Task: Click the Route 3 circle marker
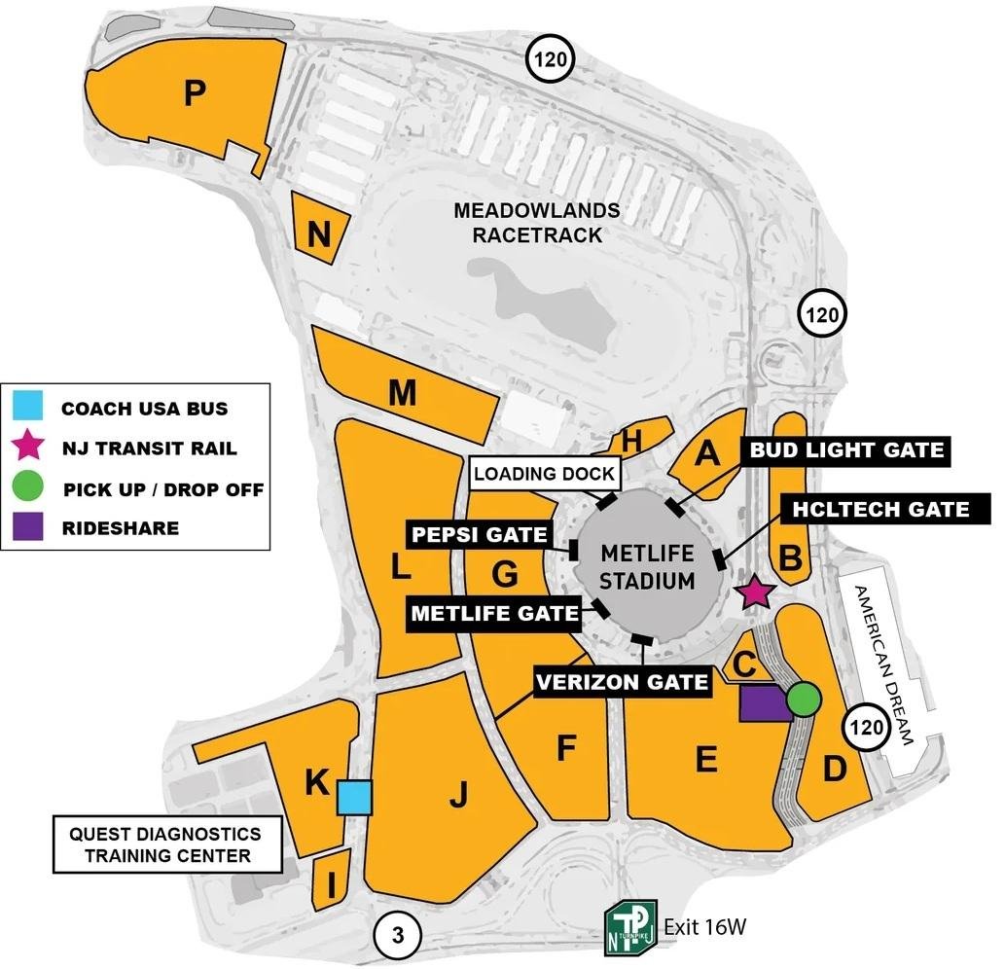397,936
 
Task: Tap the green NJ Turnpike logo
629,928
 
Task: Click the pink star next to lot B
755,592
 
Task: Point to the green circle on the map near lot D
804,698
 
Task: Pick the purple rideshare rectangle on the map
763,702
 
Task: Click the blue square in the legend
29,407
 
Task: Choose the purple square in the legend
29,527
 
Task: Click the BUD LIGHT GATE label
844,449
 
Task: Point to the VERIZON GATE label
623,682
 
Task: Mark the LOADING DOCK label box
545,474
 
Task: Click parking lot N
318,233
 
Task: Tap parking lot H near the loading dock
632,441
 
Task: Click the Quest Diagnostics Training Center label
164,844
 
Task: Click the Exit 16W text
704,927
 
